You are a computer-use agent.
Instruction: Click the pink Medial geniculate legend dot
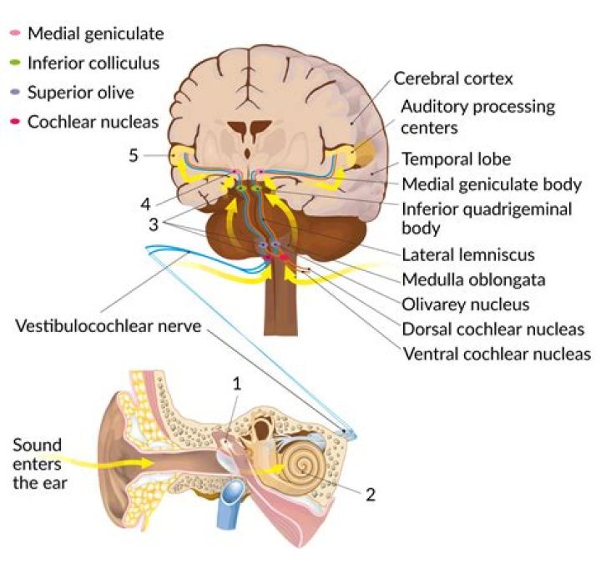tap(14, 34)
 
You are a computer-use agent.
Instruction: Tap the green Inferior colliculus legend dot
tap(14, 63)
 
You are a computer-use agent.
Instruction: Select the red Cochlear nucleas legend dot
tap(14, 122)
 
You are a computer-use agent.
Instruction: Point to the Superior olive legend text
tap(81, 93)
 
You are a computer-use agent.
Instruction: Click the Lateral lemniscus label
tap(468, 255)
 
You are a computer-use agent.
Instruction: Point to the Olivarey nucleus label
tap(466, 305)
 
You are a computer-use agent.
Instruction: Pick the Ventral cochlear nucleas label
tap(496, 354)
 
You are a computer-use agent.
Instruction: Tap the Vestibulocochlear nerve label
tap(109, 325)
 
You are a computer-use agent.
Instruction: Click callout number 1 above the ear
tap(238, 384)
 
